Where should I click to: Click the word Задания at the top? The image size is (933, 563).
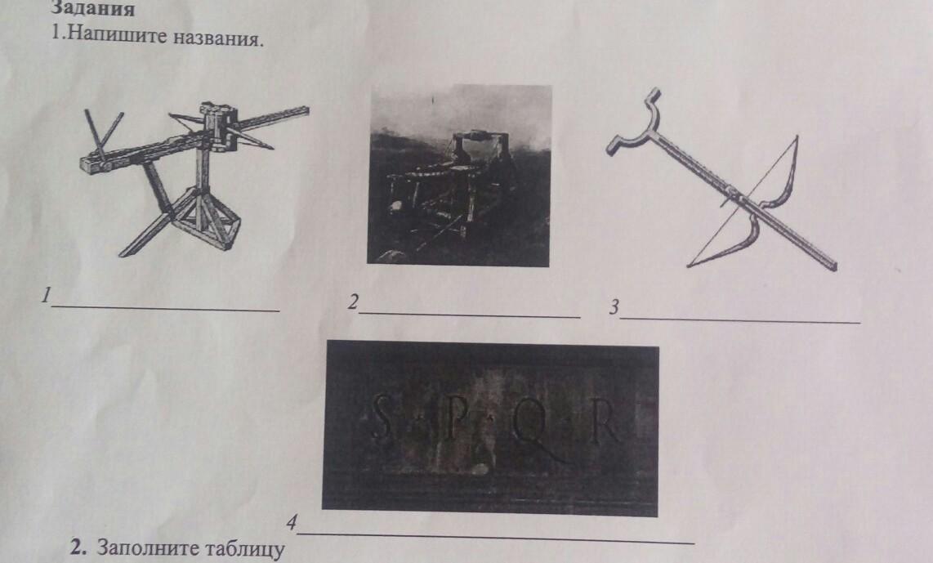coord(94,7)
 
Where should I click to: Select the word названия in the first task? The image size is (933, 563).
coord(218,38)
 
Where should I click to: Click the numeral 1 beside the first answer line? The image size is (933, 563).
coord(46,295)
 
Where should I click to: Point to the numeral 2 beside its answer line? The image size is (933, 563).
coord(354,302)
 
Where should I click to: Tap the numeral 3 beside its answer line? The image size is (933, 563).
coord(614,307)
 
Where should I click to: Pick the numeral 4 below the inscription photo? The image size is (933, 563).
coord(291,522)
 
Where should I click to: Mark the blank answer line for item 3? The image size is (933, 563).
coord(740,321)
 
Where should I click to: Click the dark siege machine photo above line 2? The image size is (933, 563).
coord(459,175)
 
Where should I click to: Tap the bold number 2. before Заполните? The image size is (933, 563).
coord(78,547)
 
